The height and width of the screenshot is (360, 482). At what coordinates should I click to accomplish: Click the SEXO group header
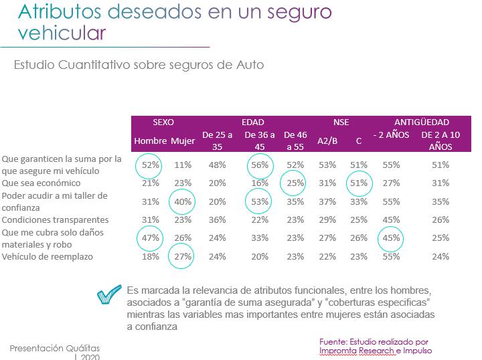pos(163,122)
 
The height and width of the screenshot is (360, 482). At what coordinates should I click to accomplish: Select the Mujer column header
pos(183,141)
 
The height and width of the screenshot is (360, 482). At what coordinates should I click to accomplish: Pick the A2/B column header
pos(327,141)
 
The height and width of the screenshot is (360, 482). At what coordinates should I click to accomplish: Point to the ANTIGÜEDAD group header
pos(421,122)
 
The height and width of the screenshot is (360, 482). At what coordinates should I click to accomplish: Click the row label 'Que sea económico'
pos(42,183)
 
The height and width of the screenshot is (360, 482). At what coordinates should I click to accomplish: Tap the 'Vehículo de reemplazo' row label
pos(48,257)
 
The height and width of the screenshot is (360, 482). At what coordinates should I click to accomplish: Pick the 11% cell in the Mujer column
pos(183,165)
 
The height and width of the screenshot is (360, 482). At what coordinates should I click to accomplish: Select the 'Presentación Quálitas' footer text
pos(54,348)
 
